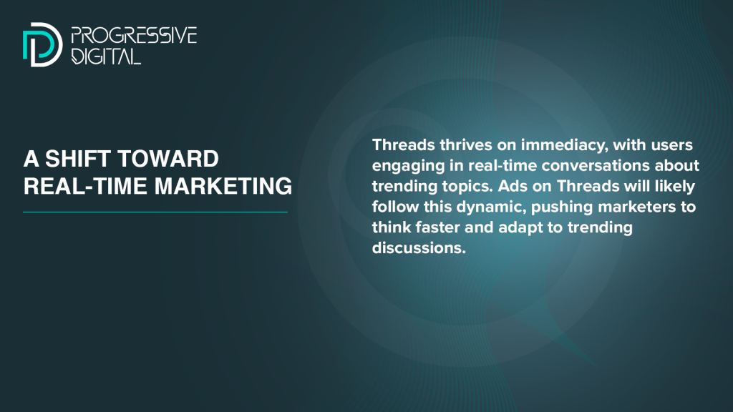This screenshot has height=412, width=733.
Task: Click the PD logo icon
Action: click(x=42, y=44)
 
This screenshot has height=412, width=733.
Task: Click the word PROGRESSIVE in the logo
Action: click(x=134, y=36)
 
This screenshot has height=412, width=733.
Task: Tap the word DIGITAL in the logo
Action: click(x=106, y=56)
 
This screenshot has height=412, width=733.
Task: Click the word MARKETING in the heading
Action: click(x=223, y=186)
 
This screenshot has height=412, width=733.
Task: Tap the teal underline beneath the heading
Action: click(x=155, y=212)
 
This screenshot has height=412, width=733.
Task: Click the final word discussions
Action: click(x=419, y=247)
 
